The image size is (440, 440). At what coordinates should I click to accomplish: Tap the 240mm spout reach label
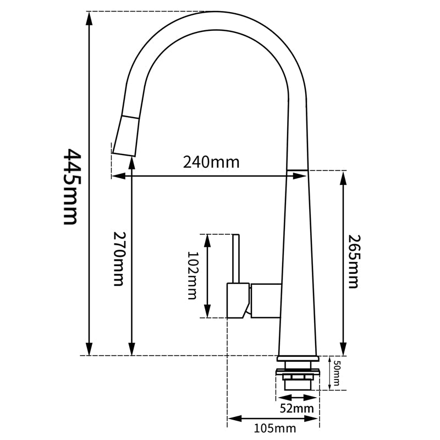[x=211, y=162]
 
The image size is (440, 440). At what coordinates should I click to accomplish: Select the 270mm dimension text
[x=118, y=258]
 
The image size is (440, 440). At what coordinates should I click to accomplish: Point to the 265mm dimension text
[x=353, y=262]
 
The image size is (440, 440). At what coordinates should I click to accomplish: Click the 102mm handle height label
[x=193, y=276]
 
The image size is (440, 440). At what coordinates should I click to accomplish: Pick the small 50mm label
[x=337, y=373]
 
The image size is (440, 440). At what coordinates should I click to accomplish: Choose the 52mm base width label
[x=297, y=408]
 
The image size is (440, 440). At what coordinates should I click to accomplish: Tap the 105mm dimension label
[x=275, y=428]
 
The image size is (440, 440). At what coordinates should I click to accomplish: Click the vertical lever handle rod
[x=236, y=258]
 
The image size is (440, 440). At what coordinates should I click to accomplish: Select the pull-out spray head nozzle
[x=126, y=135]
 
